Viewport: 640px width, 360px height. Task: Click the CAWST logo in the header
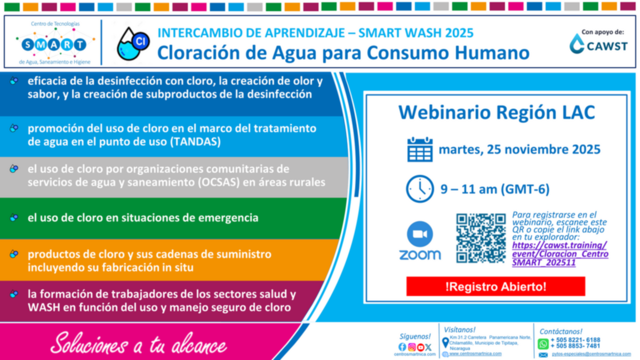598,44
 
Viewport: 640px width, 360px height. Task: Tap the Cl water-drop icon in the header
133,43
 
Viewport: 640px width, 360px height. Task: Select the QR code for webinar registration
481,238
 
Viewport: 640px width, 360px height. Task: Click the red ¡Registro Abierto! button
495,286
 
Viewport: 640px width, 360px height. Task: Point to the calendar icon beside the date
420,149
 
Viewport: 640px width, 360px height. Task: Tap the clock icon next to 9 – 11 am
420,189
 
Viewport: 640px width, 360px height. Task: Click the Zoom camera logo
420,234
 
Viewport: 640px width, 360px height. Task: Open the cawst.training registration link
559,254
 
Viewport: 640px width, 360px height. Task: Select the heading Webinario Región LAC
497,113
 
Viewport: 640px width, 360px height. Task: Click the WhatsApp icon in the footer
543,343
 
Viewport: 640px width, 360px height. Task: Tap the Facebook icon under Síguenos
402,347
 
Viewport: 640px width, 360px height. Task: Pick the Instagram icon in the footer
411,347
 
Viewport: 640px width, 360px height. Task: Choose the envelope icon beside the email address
543,355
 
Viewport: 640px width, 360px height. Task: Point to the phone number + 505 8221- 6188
575,340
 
